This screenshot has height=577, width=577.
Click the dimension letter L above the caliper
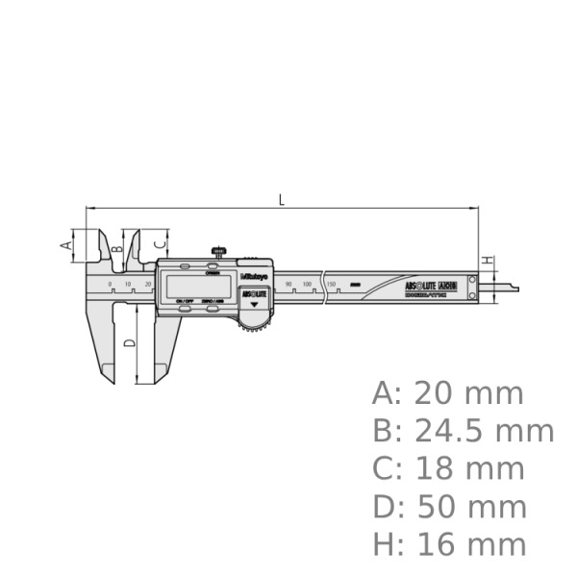tap(281, 199)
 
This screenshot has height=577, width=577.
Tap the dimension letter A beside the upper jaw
tap(66, 244)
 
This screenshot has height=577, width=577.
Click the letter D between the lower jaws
tap(130, 342)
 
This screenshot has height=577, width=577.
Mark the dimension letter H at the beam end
tap(488, 261)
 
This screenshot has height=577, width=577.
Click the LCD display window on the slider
tap(200, 285)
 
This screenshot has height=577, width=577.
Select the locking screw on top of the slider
tap(220, 253)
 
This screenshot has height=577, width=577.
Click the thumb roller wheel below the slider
tap(254, 327)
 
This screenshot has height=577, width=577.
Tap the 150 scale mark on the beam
tap(331, 285)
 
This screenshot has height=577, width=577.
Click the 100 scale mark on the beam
tap(307, 285)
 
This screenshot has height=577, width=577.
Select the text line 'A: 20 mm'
tap(448, 393)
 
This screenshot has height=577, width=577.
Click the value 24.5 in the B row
tap(453, 431)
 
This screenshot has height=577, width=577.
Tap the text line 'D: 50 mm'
tap(449, 507)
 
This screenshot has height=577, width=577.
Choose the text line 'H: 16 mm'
tap(449, 544)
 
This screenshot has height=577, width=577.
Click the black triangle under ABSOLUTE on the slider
tap(255, 304)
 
